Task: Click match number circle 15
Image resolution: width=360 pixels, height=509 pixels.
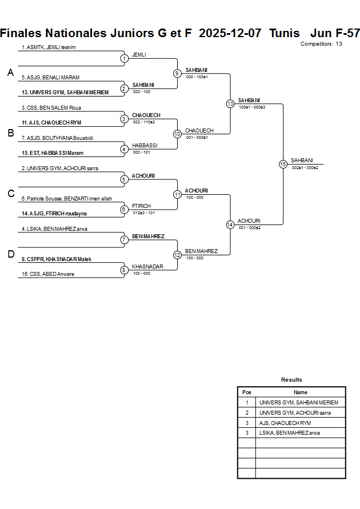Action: pos(283,164)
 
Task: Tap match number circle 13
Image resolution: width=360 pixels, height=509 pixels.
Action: pos(230,104)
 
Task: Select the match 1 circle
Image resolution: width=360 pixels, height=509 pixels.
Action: pos(124,58)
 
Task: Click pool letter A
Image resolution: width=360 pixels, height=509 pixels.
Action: pos(10,73)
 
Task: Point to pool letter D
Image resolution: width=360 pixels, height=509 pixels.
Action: pos(10,254)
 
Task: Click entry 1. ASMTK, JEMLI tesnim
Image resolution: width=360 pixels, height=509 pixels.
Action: pos(49,47)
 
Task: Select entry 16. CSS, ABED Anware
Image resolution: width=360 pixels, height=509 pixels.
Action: pos(48,274)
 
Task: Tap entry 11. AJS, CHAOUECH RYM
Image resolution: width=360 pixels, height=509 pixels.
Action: pos(51,123)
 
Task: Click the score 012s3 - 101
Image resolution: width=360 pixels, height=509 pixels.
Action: pos(143,213)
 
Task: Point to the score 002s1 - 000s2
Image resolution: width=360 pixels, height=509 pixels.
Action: pos(305,167)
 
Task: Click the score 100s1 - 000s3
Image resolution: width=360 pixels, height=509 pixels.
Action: pos(251,107)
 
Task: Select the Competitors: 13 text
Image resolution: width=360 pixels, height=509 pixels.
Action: pos(321,44)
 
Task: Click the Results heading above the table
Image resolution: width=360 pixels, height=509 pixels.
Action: pos(291,380)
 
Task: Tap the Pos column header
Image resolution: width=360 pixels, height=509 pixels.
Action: pos(247,392)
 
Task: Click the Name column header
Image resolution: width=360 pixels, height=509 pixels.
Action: pos(301,392)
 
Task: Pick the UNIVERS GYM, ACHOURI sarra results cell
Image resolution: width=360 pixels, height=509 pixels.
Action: pos(295,412)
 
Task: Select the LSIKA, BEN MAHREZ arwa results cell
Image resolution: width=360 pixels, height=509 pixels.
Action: pos(290,433)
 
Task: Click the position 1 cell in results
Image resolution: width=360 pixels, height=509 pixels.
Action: pos(247,403)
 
